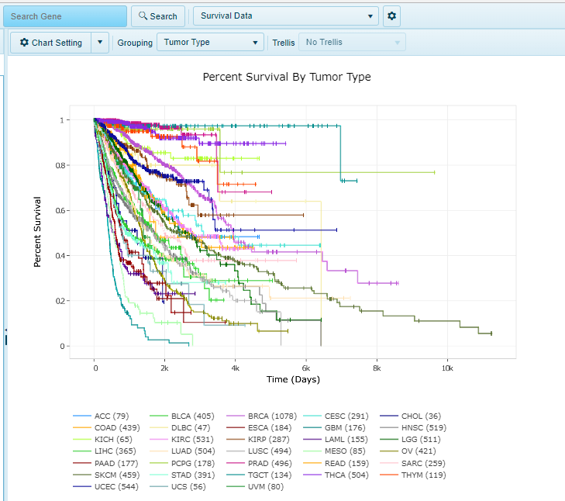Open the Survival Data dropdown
(284, 16)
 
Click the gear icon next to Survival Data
(391, 16)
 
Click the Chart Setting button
(51, 43)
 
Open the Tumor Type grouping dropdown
(210, 43)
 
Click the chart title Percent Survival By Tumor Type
(286, 77)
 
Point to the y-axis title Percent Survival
(37, 232)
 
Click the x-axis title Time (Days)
(293, 379)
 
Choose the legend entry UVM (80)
(266, 486)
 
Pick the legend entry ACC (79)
(111, 416)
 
